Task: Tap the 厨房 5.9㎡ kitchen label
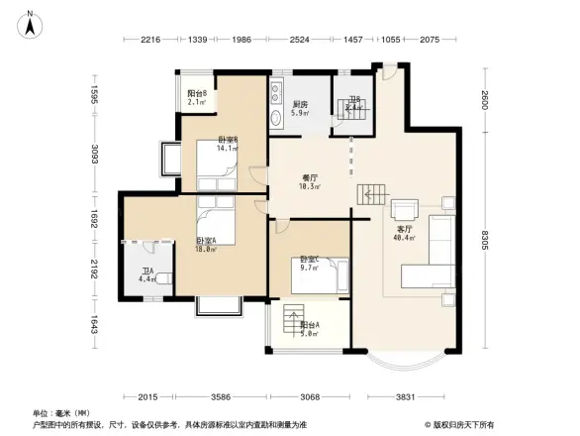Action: [x=300, y=108]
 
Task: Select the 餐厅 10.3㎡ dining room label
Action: [x=310, y=181]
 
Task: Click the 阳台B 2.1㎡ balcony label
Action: [x=196, y=97]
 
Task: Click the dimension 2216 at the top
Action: [x=150, y=39]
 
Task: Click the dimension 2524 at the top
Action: [x=300, y=39]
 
